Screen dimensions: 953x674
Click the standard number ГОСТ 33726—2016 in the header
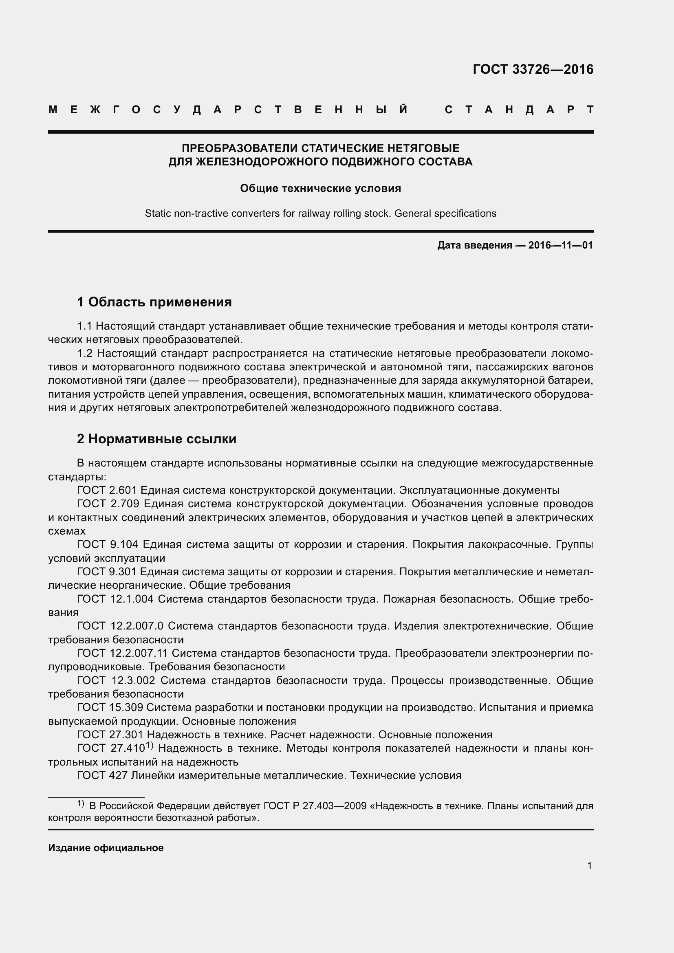coord(533,69)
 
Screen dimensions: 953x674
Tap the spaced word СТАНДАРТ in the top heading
coord(519,110)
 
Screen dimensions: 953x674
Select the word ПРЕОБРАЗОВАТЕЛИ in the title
coord(240,148)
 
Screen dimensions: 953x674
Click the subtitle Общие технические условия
coord(320,189)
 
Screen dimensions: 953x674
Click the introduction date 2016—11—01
coord(560,245)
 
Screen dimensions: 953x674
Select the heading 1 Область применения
coord(154,302)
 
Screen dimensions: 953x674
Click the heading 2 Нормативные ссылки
coord(156,439)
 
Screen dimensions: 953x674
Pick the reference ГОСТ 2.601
coord(107,490)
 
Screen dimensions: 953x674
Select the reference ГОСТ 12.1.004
coord(115,599)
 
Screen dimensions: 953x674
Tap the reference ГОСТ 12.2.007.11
coord(122,653)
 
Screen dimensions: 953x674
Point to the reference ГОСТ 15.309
coord(110,707)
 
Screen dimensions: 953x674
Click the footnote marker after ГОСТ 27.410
coord(150,746)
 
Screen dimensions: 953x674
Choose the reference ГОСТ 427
coord(102,775)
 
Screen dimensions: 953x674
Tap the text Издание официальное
coord(106,847)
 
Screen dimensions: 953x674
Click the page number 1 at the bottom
coord(589,866)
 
